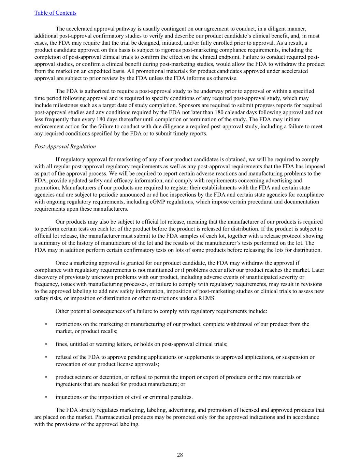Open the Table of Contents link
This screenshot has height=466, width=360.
(x=55, y=13)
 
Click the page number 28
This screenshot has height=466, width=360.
(x=180, y=454)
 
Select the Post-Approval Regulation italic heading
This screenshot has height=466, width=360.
(x=65, y=146)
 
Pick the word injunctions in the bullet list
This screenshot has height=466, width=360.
(x=69, y=397)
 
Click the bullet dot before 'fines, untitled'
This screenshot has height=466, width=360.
(x=46, y=344)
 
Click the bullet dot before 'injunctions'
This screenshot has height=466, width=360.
(x=46, y=397)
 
